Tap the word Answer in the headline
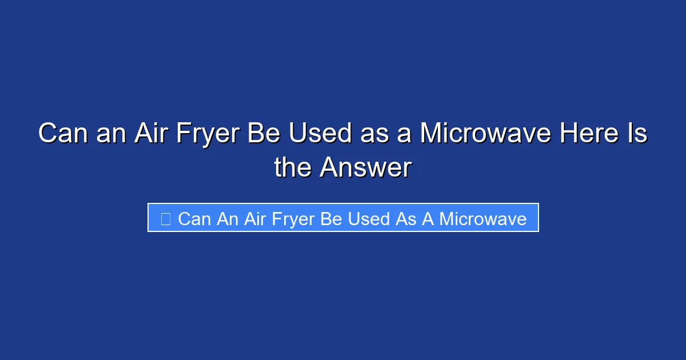365,168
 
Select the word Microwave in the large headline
485,134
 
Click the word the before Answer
293,168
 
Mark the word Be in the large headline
266,134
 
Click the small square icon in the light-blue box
166,218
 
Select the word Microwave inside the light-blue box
482,218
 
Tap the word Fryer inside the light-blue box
291,218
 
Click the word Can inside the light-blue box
195,218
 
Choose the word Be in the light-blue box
331,218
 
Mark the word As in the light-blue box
406,218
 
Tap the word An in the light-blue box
228,218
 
